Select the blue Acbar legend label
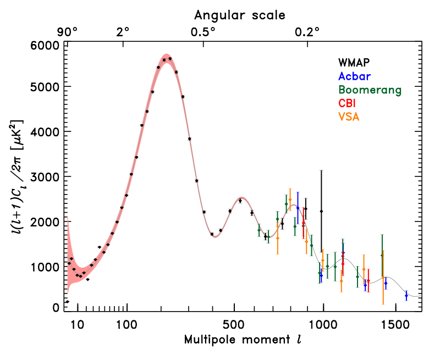[355, 76]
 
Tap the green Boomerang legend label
[370, 90]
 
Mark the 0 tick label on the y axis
[55, 308]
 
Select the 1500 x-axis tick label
[394, 324]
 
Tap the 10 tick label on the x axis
[78, 324]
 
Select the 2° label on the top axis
[123, 31]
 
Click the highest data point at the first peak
[170, 58]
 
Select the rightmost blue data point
[406, 296]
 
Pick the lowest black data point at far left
[67, 302]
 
